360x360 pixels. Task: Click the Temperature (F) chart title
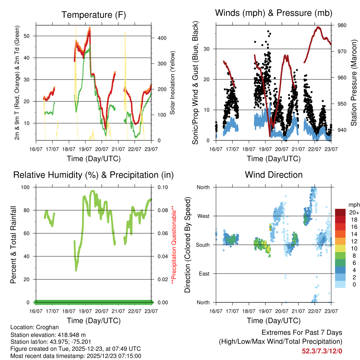click(94, 15)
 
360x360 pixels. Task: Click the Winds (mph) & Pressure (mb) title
click(274, 13)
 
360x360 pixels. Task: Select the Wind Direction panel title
click(274, 175)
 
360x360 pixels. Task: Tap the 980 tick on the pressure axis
click(342, 25)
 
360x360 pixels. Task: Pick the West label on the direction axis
click(203, 216)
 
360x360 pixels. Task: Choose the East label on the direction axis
click(204, 274)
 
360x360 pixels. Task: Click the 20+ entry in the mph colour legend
click(352, 212)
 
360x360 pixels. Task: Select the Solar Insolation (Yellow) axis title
click(173, 83)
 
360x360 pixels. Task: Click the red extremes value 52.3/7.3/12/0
click(322, 351)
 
